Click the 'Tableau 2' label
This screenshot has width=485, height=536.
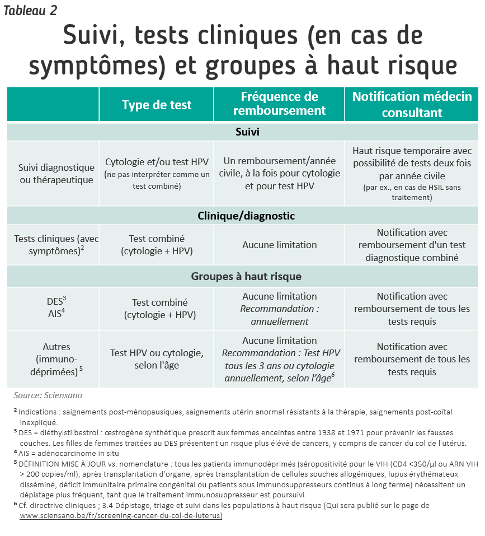[x=30, y=11]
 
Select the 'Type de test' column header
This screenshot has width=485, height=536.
[x=157, y=105]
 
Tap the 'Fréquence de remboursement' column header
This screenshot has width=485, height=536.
[x=279, y=104]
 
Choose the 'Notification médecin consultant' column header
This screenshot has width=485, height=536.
[x=412, y=104]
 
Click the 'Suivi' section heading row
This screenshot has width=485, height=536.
[x=242, y=132]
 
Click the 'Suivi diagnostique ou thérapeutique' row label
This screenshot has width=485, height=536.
[x=56, y=174]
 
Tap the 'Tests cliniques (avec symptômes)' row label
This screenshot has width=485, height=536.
[x=56, y=245]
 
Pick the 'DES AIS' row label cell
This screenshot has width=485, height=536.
[x=56, y=307]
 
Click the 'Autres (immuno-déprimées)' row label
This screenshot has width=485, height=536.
[x=56, y=359]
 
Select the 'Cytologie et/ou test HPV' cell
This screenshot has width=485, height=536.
[x=157, y=173]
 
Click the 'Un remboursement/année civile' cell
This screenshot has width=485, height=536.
[x=279, y=173]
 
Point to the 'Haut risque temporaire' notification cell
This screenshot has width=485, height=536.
[x=412, y=174]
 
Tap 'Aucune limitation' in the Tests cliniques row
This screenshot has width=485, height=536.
[x=279, y=245]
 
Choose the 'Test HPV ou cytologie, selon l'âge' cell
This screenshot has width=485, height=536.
[x=157, y=359]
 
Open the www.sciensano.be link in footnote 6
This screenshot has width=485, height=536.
[x=121, y=516]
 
